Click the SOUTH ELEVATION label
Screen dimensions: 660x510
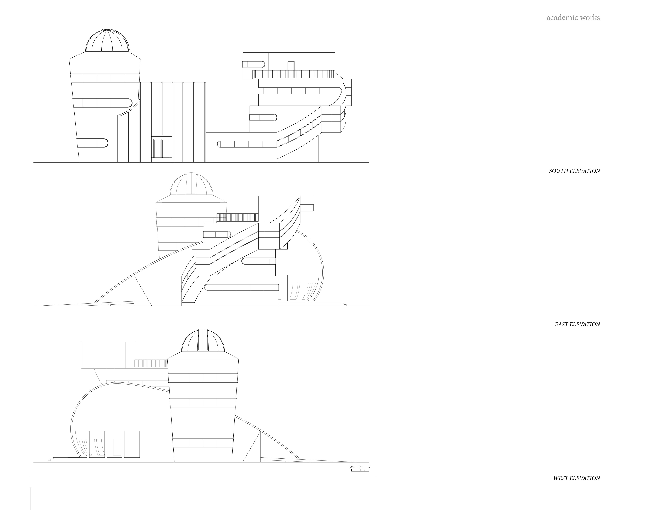[x=574, y=171]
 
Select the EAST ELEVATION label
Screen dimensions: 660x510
[x=577, y=324]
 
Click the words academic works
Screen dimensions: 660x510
[x=573, y=18]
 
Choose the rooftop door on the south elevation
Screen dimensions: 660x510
[x=290, y=66]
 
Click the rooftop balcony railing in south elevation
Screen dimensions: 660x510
[x=293, y=74]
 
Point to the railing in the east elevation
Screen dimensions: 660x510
[x=238, y=218]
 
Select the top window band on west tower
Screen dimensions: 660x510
[x=203, y=378]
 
